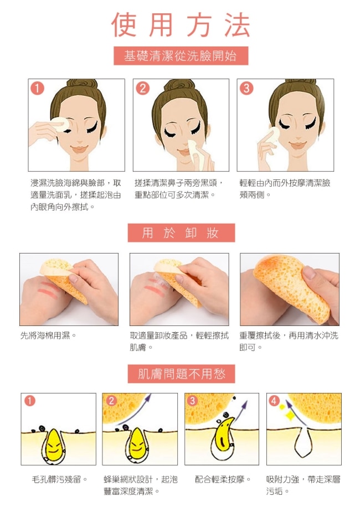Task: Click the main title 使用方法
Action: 181,25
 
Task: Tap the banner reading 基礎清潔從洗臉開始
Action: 181,56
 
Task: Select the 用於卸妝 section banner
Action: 181,233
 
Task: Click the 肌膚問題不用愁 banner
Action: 181,374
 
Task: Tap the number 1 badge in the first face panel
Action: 37,88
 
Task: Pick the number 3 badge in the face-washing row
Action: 246,88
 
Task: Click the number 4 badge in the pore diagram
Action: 274,401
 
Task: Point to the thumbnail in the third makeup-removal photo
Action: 310,272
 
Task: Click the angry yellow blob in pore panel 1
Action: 53,444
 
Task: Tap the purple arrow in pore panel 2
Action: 135,410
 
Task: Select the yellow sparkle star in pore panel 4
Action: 290,415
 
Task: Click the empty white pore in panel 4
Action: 303,442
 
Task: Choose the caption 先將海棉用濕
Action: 48,335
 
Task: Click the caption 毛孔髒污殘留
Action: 59,479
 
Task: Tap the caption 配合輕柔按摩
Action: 223,479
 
